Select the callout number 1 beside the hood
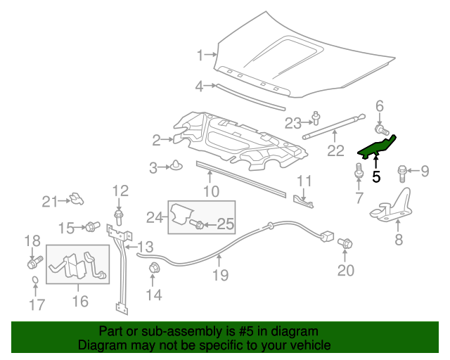pyautogui.click(x=200, y=55)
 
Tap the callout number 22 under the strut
pyautogui.click(x=335, y=150)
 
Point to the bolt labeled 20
pyautogui.click(x=345, y=243)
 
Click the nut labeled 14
pyautogui.click(x=153, y=267)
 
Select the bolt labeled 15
pyautogui.click(x=91, y=226)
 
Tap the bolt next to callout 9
pyautogui.click(x=404, y=170)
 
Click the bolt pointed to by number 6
pyautogui.click(x=381, y=130)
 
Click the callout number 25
pyautogui.click(x=224, y=224)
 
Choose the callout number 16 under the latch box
pyautogui.click(x=79, y=302)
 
